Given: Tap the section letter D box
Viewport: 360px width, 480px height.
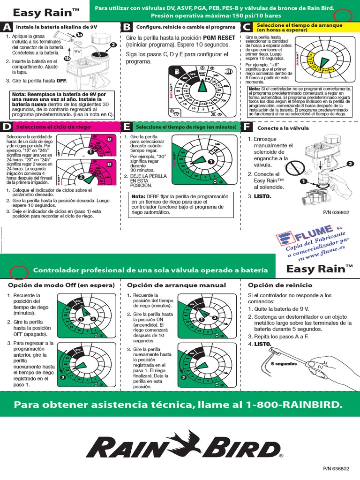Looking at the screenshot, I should [7, 127].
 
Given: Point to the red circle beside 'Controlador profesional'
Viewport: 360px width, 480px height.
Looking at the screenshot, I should [18, 270].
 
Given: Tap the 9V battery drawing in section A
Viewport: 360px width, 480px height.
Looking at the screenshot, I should [78, 47].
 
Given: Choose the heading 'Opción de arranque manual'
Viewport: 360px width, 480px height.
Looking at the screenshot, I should [176, 285].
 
